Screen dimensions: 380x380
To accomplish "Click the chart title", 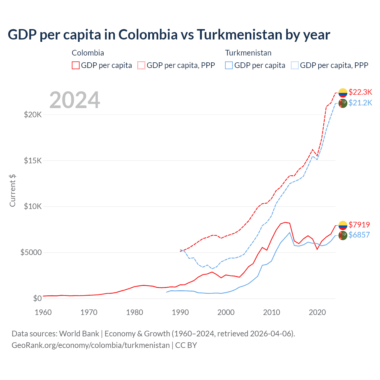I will pos(169,35).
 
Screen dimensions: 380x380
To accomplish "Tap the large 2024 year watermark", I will pos(75,100).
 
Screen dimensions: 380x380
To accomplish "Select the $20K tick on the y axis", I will pos(33,115).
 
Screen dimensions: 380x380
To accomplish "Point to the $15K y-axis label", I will pos(33,161).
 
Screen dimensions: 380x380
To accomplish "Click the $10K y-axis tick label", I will pos(33,206).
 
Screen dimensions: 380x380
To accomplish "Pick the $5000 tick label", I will pos(31,252).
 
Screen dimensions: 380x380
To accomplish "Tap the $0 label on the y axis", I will pos(37,298).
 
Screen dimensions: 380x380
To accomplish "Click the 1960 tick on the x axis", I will pos(43,312).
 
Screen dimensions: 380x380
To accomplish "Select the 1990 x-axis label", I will pos(180,312).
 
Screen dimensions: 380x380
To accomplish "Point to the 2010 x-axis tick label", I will pos(272,312).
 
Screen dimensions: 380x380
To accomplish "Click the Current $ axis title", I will pos(12,190).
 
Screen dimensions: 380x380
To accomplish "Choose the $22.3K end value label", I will pos(360,92).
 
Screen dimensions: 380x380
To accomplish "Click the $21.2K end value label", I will pos(360,103).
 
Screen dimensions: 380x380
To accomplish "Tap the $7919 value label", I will pos(359,225).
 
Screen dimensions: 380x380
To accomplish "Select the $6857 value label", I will pos(359,235).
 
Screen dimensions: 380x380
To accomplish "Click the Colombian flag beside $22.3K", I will pos(343,93).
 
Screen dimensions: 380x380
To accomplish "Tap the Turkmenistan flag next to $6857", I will pos(343,235).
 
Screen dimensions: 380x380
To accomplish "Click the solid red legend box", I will pos(76,65).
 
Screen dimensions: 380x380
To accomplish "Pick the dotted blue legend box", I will pos(295,65).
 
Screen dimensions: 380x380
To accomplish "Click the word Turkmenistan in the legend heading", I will pos(248,53).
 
